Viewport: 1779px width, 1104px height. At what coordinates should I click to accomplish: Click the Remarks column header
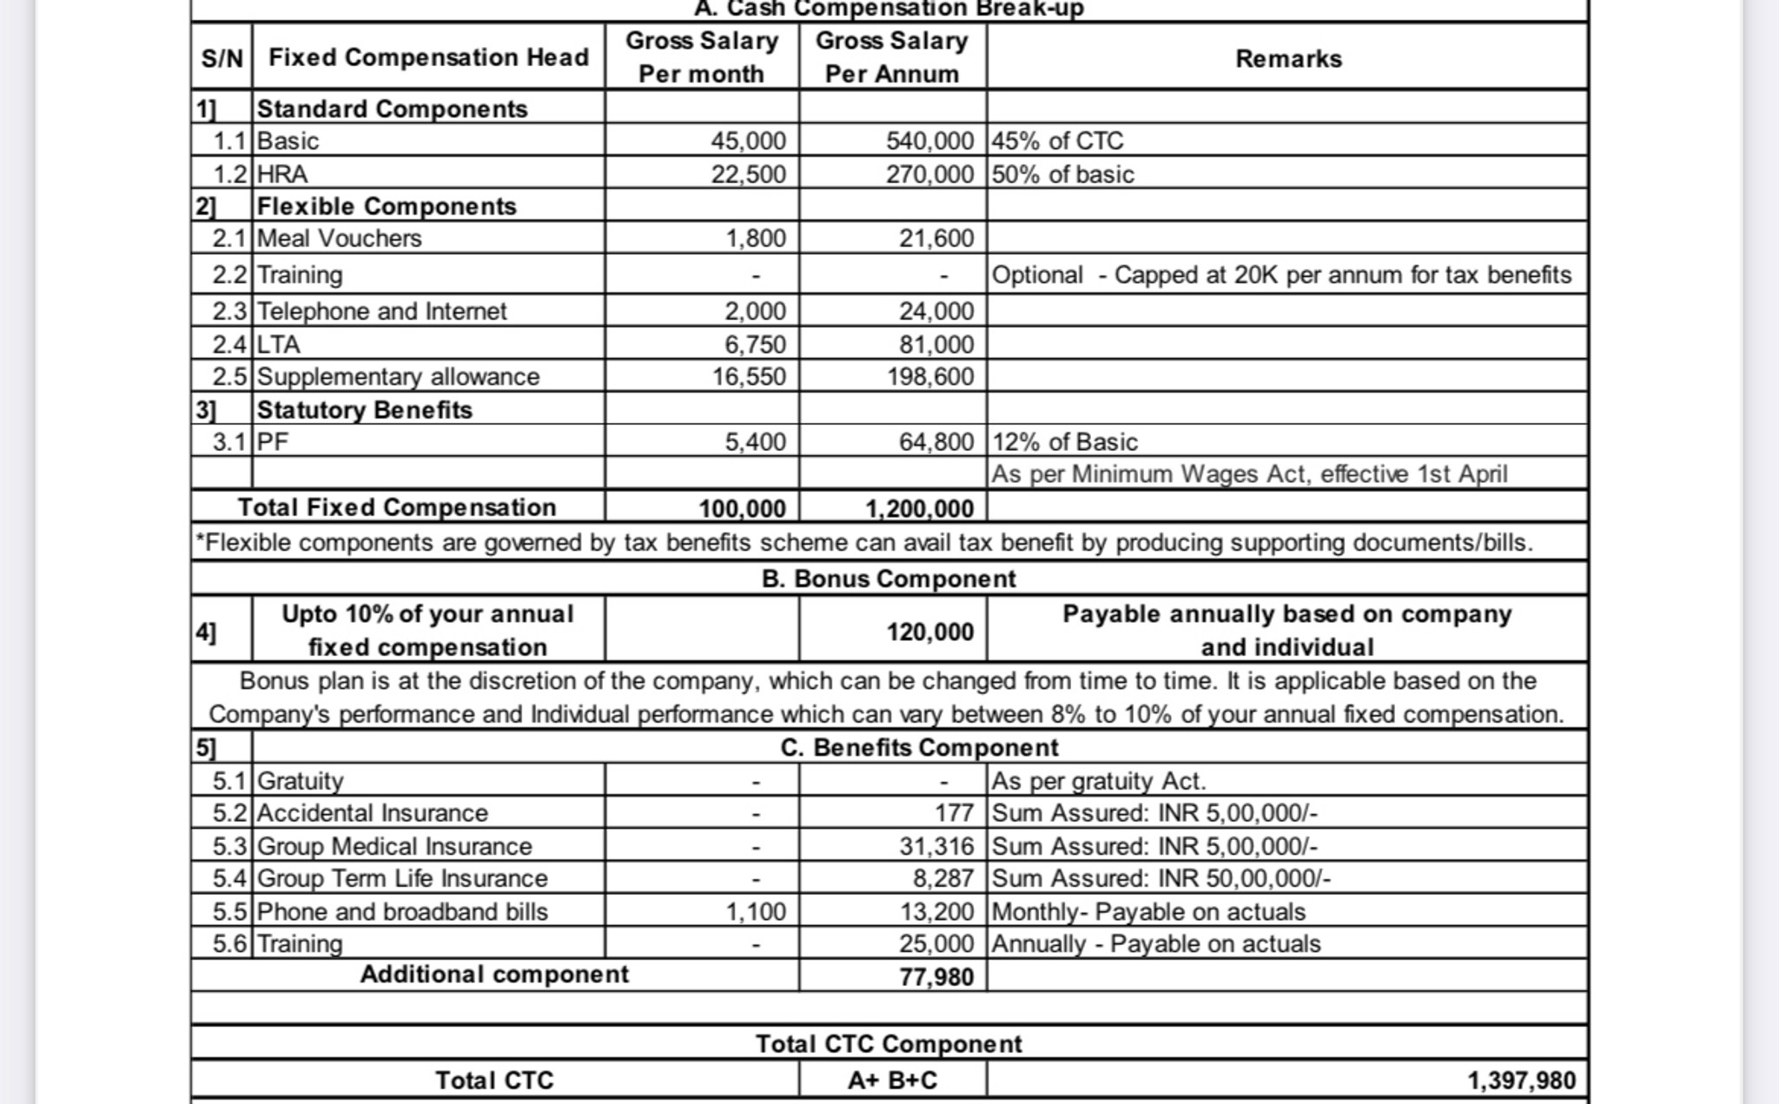point(1287,59)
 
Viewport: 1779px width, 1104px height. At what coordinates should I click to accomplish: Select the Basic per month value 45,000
point(748,141)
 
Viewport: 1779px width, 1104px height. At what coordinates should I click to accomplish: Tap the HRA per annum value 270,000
point(929,175)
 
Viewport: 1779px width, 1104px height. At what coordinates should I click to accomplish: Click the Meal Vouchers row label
point(339,238)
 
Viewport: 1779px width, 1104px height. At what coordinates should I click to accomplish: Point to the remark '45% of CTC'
point(1057,141)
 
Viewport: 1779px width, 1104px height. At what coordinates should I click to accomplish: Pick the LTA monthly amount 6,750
point(755,344)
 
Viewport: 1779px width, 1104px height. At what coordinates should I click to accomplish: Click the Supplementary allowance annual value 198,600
point(929,377)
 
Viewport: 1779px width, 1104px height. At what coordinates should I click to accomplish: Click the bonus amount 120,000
point(929,631)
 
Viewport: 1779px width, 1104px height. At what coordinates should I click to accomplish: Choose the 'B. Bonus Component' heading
point(888,578)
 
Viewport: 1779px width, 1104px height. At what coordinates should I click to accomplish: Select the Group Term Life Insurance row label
point(401,878)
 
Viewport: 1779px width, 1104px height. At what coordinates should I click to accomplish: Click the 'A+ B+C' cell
point(892,1081)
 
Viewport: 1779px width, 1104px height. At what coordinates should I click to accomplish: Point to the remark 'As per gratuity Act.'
point(1098,781)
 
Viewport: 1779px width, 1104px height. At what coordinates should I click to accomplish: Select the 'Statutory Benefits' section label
point(364,410)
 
